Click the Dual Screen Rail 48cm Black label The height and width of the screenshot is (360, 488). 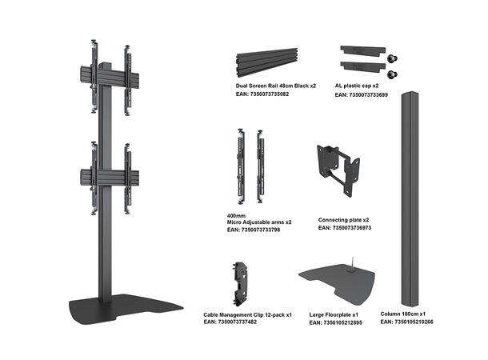pyautogui.click(x=276, y=85)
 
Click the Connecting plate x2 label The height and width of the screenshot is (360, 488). pyautogui.click(x=344, y=219)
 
